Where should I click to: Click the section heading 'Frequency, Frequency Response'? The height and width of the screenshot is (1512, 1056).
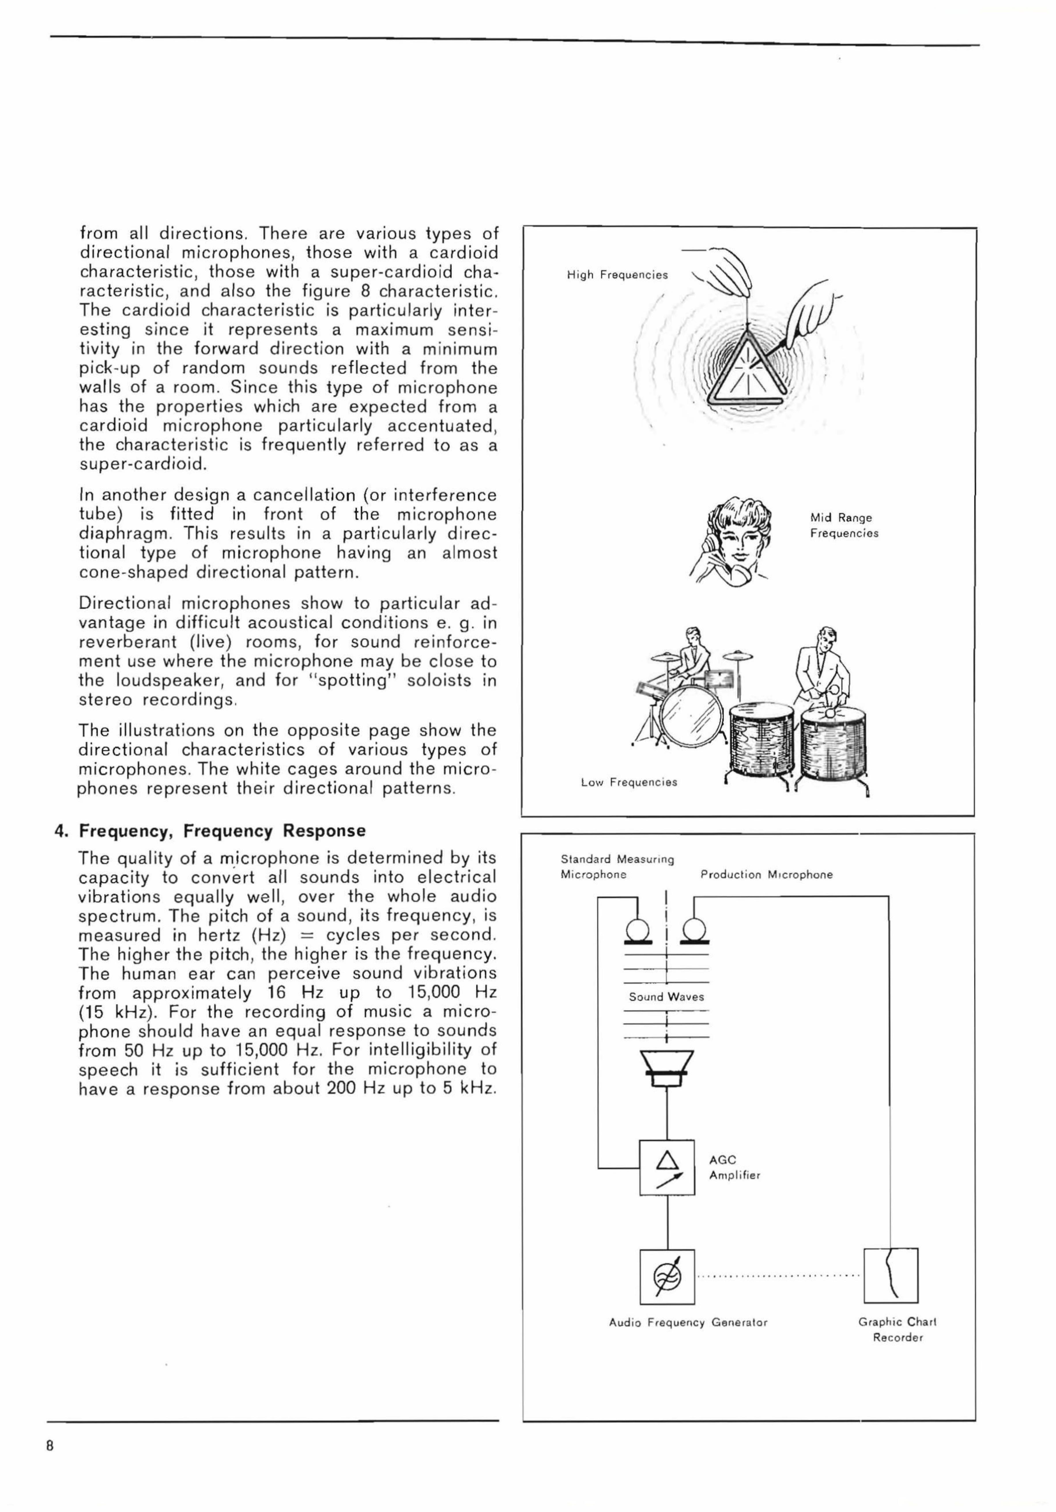(222, 831)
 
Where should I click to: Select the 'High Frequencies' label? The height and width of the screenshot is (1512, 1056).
(617, 275)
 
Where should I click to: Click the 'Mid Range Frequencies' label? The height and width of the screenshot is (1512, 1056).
(844, 526)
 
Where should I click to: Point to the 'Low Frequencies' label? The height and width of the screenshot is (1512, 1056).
(629, 782)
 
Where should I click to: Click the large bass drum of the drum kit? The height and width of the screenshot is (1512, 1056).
(691, 718)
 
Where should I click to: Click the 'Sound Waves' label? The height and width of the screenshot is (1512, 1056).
(666, 996)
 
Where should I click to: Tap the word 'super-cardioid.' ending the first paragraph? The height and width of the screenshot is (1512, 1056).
(143, 465)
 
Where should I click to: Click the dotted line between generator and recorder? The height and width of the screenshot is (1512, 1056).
(779, 1276)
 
